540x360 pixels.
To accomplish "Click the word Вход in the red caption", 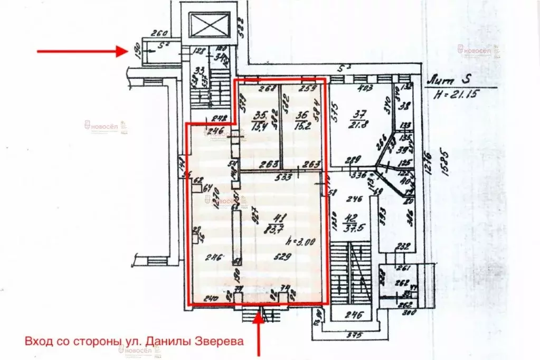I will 36,342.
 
